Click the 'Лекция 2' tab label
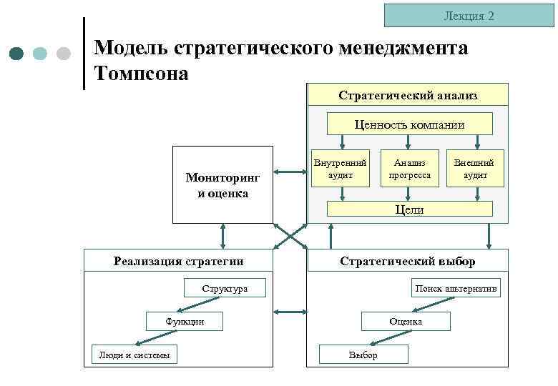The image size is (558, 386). [x=469, y=15]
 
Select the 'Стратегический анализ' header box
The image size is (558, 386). [x=408, y=94]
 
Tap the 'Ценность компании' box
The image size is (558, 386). [x=409, y=124]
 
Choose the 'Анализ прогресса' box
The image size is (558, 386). [x=409, y=168]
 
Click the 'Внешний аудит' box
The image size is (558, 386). [x=475, y=168]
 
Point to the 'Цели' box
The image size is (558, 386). [x=409, y=209]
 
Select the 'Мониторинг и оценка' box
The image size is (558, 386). [x=222, y=184]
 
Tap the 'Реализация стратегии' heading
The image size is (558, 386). [x=178, y=261]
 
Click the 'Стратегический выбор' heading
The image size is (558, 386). [x=407, y=261]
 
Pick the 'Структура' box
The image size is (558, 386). [x=225, y=289]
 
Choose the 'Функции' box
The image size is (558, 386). [x=185, y=322]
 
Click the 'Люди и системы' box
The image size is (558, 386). [x=134, y=355]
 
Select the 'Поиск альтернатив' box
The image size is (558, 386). [x=456, y=289]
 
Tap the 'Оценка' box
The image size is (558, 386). [x=406, y=322]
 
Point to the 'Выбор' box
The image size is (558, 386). [x=363, y=355]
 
